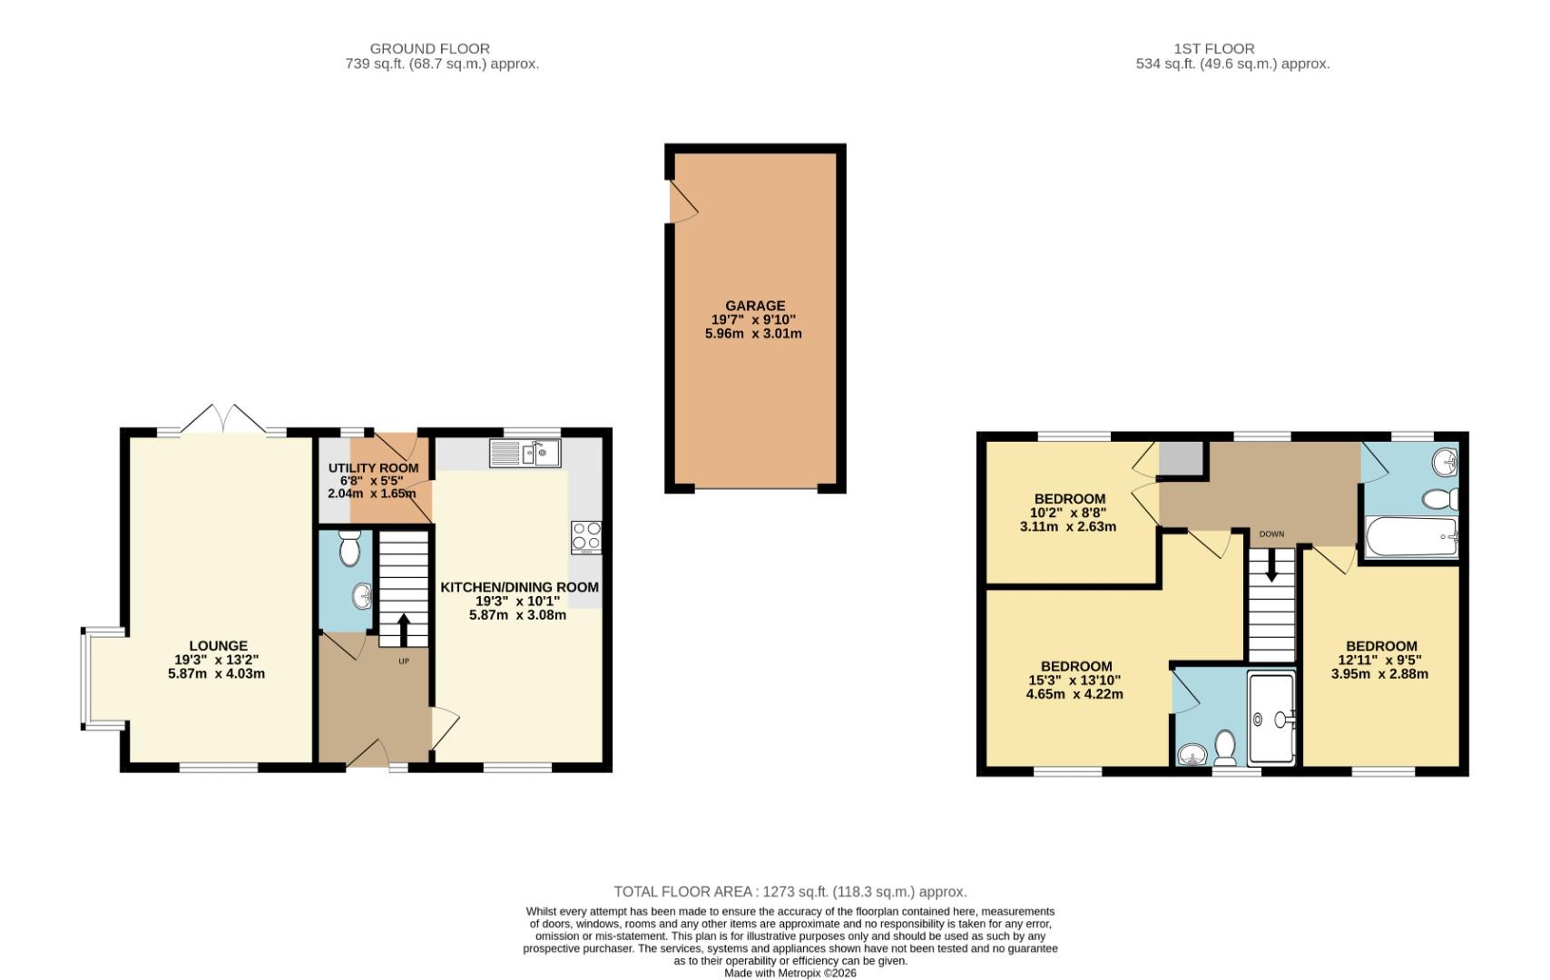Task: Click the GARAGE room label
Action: coord(754,306)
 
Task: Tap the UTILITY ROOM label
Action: coord(373,468)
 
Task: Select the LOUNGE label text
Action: coord(218,646)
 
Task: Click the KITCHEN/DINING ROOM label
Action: coord(519,587)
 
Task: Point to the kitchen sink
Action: coord(525,453)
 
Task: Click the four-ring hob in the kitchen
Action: coord(585,536)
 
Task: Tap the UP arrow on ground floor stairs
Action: coord(403,629)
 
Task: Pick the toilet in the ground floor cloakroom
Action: coord(349,548)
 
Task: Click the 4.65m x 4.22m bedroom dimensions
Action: coord(1075,694)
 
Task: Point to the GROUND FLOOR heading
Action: coord(429,48)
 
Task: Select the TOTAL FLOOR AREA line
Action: coord(790,891)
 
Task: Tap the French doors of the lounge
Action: coord(222,420)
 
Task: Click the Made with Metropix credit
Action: coord(790,973)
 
